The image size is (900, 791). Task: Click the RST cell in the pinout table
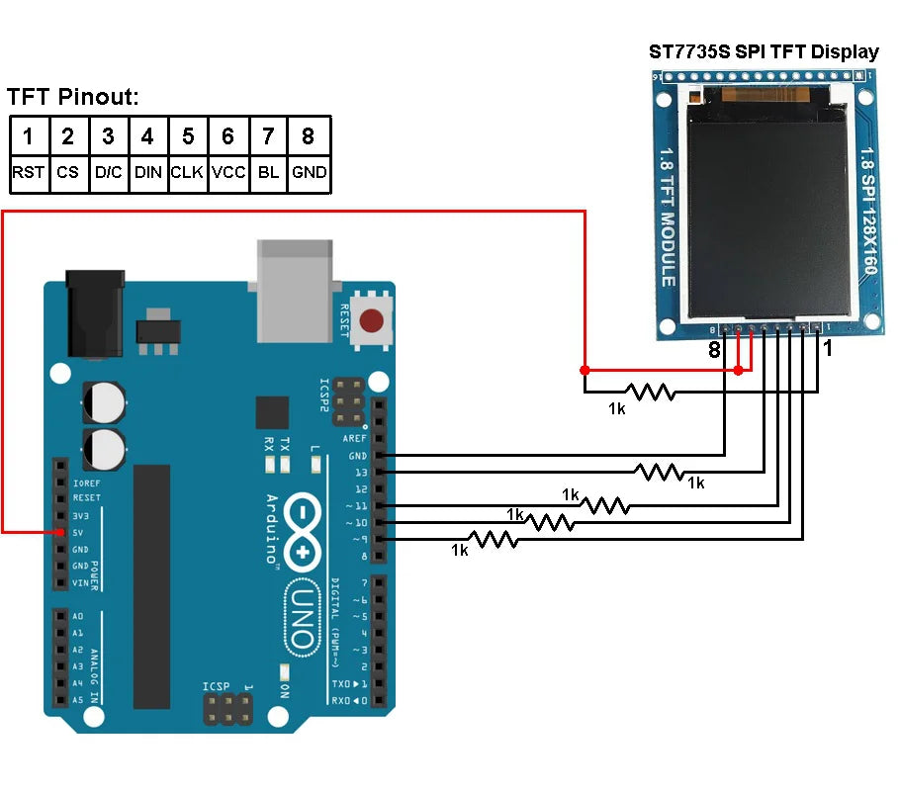(x=29, y=172)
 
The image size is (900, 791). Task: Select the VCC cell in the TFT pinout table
(x=228, y=172)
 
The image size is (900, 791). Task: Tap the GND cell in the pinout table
(x=310, y=172)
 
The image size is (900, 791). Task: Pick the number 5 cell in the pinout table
(x=188, y=135)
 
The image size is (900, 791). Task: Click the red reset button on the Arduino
(x=372, y=321)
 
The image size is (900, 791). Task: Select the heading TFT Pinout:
(x=73, y=97)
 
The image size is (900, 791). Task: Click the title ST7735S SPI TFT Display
(x=764, y=52)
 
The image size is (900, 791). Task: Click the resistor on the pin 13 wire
(x=661, y=473)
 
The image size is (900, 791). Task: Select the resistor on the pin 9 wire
(x=494, y=539)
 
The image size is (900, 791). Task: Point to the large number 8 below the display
(x=713, y=350)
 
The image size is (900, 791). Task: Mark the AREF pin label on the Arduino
(x=354, y=438)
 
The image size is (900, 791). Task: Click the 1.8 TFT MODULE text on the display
(x=668, y=218)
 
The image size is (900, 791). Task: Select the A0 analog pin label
(x=78, y=616)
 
